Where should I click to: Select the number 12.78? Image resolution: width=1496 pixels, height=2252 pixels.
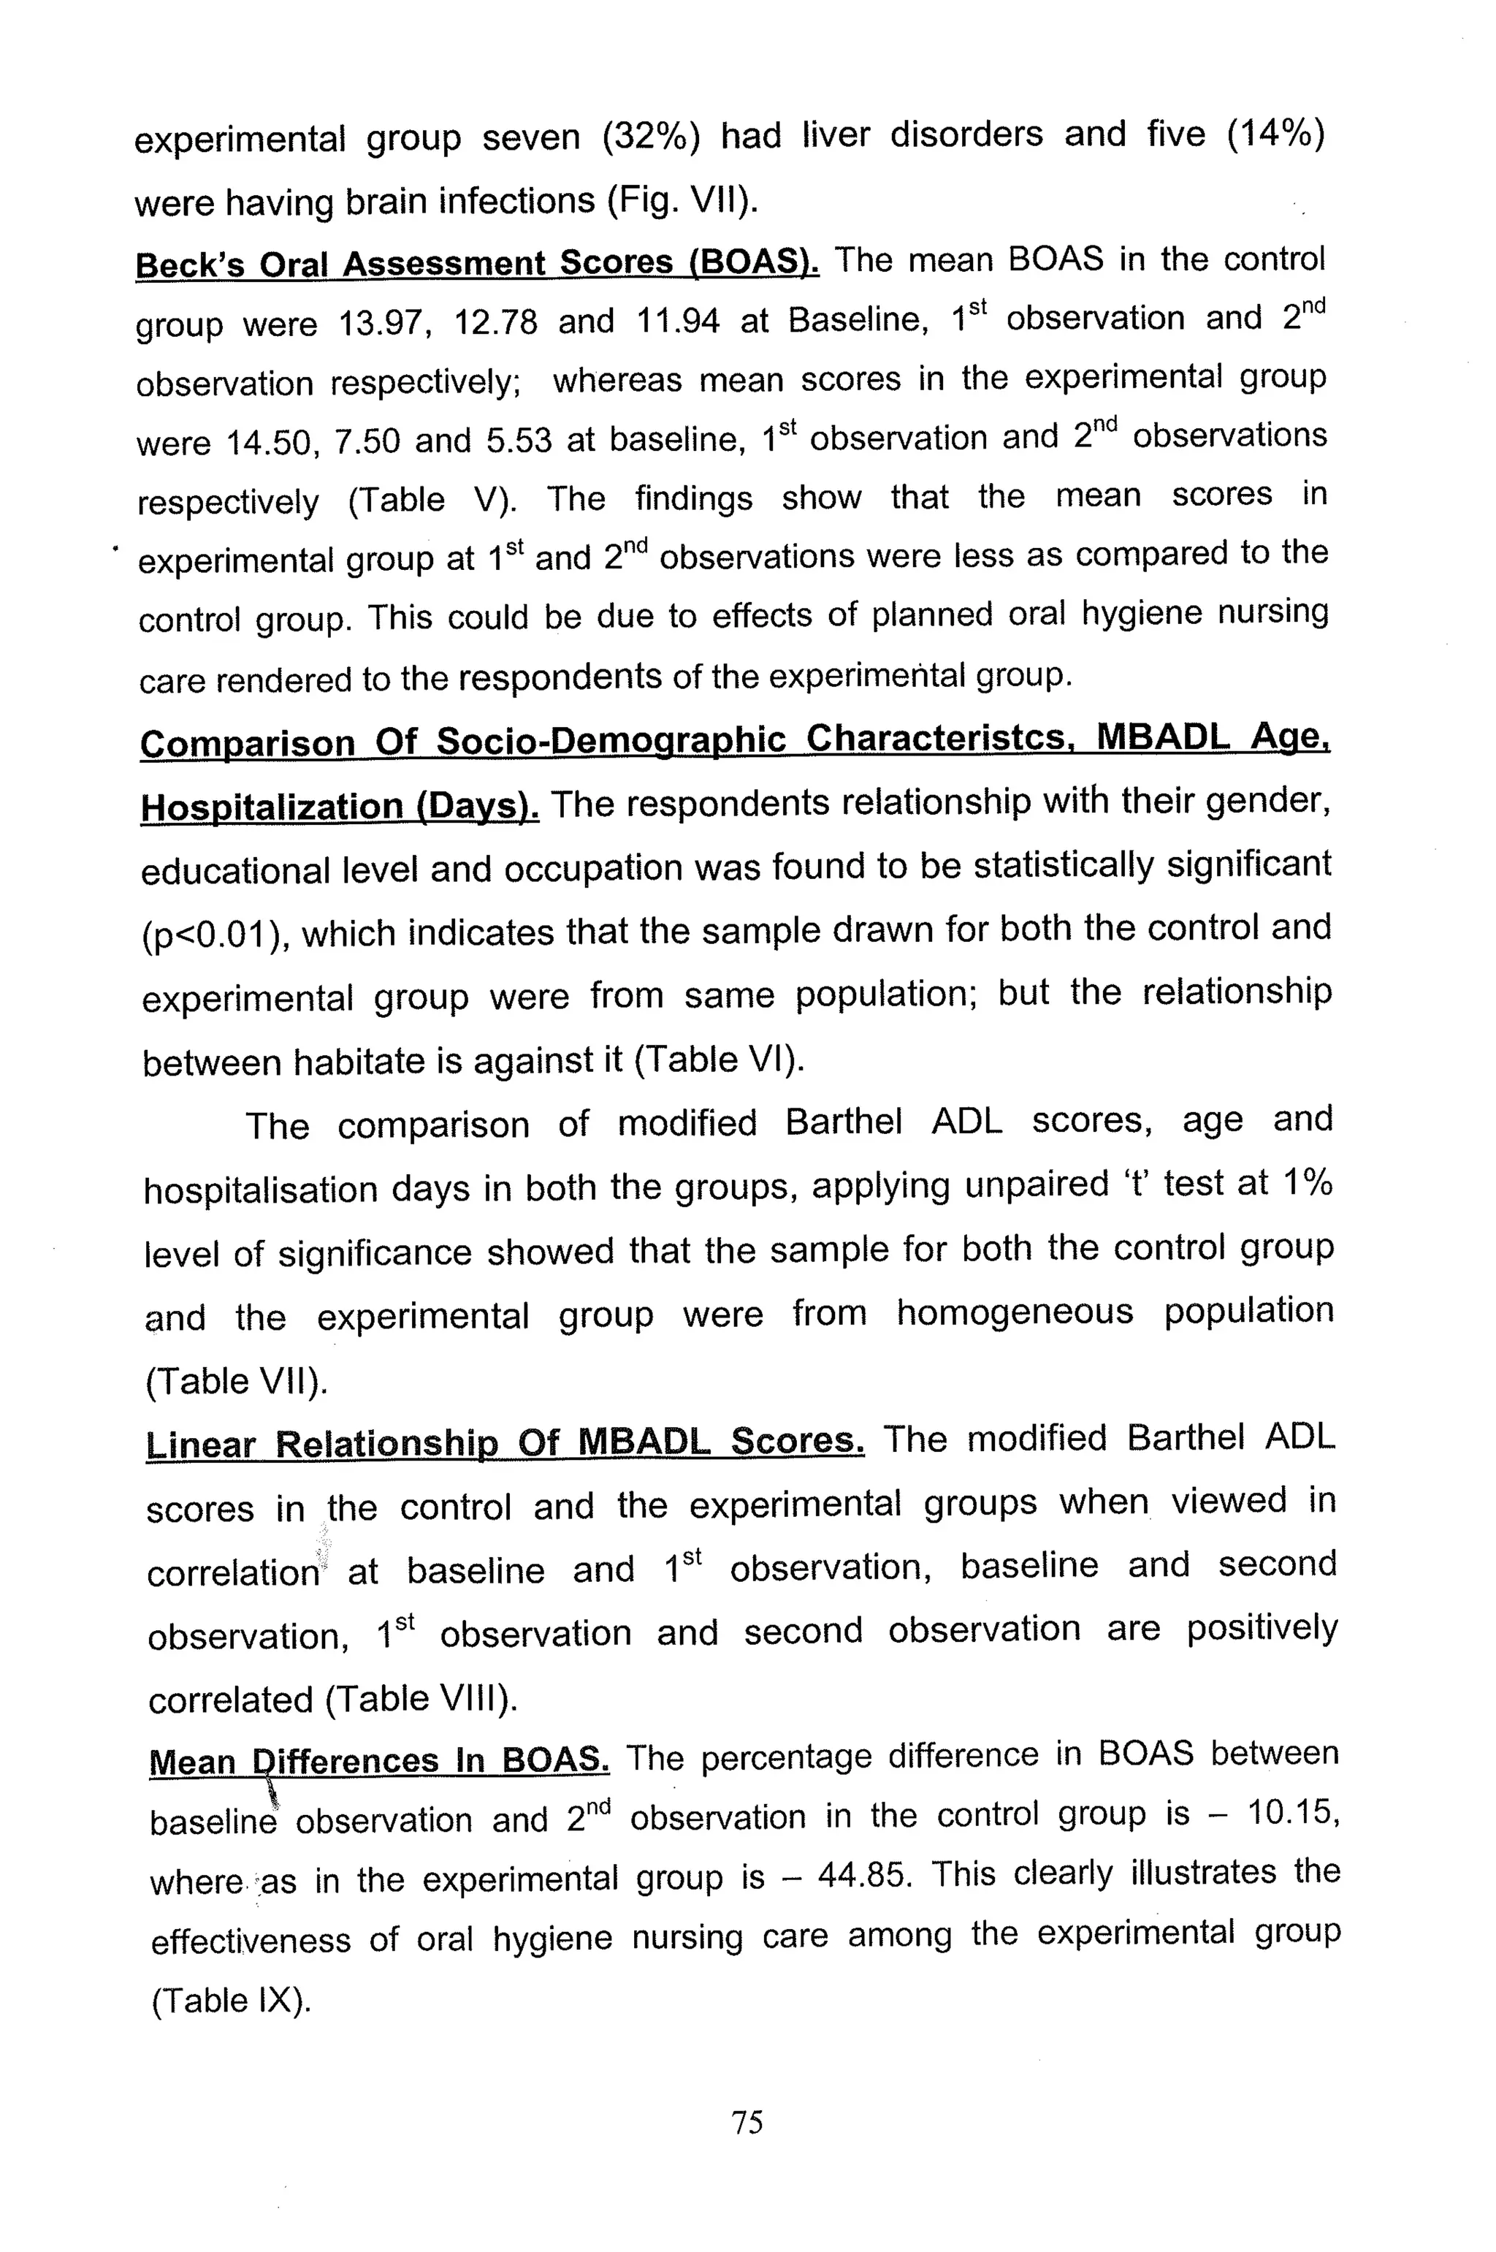495,322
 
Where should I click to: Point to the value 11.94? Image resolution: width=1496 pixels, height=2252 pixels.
677,321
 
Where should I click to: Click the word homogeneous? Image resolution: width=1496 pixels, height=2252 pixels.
1014,1312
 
